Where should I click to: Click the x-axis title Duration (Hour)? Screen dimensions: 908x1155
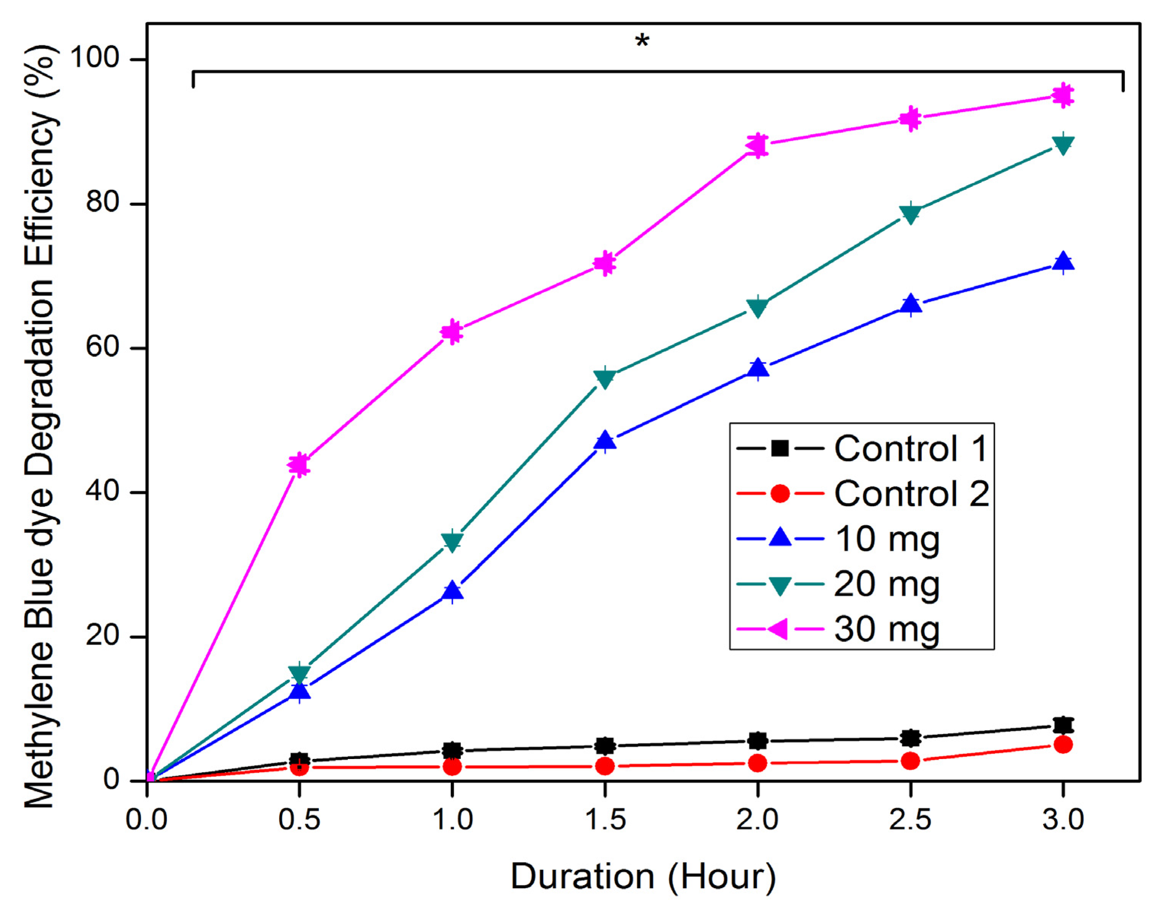[x=643, y=876]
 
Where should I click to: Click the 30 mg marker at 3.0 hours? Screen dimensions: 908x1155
[x=1063, y=96]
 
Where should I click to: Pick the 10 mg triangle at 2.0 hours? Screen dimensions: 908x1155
[x=758, y=368]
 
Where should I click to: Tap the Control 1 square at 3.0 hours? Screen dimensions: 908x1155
[x=1063, y=725]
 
